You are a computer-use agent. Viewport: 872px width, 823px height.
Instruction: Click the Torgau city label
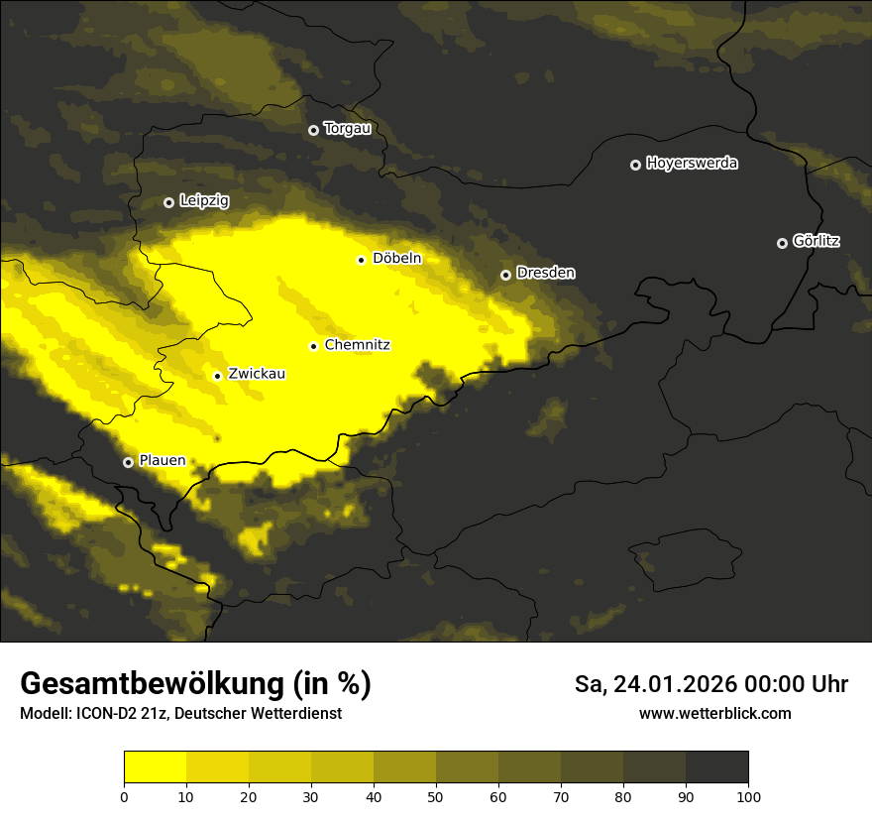(x=347, y=129)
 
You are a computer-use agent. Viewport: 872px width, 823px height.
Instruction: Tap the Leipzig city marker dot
(x=168, y=202)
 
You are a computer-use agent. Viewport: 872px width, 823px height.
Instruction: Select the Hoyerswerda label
(x=692, y=164)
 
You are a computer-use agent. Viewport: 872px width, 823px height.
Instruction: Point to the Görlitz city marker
(x=782, y=243)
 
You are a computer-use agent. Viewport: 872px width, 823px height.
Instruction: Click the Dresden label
(x=545, y=273)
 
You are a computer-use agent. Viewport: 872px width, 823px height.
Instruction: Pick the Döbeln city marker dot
(x=361, y=260)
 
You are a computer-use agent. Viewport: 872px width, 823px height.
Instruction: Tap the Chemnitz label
(x=357, y=345)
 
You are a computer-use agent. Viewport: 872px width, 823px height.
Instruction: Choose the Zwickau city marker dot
(x=217, y=376)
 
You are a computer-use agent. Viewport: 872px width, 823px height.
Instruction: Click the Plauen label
(x=162, y=460)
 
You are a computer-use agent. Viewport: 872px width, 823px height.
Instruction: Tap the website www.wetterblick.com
(x=714, y=713)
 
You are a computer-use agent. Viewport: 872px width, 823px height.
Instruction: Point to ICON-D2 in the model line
(x=105, y=714)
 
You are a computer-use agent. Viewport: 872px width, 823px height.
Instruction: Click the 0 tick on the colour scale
(x=124, y=796)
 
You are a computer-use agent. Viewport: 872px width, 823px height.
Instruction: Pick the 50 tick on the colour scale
(x=436, y=796)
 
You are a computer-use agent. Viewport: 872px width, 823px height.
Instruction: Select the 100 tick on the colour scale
(x=748, y=796)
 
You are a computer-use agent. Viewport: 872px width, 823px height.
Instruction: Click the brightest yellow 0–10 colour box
(x=155, y=767)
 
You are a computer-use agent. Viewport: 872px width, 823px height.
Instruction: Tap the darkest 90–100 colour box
(x=716, y=767)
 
